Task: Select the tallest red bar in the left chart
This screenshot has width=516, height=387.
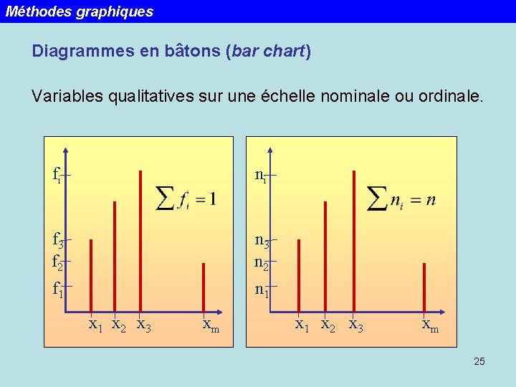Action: tap(140, 241)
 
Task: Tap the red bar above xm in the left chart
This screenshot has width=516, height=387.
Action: tap(204, 287)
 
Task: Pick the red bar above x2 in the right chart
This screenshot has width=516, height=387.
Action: tap(325, 257)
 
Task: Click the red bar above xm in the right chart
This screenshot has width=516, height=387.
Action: tap(424, 287)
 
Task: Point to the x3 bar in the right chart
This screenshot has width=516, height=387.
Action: tap(354, 241)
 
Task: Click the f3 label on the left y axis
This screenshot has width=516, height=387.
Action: tap(59, 239)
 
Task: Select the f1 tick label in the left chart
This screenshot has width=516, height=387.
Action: tap(57, 290)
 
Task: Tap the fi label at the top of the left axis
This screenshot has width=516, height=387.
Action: tap(57, 174)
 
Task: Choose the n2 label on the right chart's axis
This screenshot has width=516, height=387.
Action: tap(262, 262)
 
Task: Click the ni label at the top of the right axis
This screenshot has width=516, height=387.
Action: tap(261, 174)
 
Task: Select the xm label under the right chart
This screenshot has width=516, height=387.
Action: tap(430, 326)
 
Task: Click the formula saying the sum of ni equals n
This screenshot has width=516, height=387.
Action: tap(401, 198)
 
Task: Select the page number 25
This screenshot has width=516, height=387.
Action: tap(479, 361)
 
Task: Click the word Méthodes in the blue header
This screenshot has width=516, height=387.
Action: tap(35, 11)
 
